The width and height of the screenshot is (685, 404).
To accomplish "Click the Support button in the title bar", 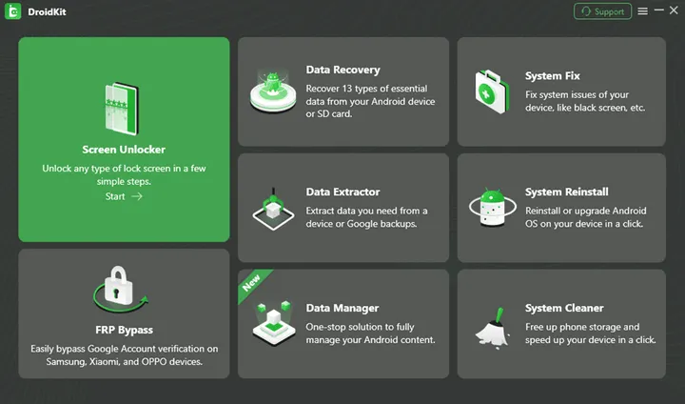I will (x=602, y=11).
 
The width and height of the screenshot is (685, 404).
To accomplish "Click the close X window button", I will (x=674, y=10).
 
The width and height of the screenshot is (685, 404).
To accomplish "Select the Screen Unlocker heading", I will (x=124, y=150).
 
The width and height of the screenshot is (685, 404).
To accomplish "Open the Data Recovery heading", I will (x=342, y=70).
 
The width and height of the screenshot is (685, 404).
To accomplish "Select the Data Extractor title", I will (x=342, y=192).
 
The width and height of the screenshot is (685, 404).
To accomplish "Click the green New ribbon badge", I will (x=252, y=283).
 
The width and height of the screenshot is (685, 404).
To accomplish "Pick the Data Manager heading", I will (x=342, y=308).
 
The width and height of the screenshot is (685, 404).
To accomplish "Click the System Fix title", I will (x=552, y=75).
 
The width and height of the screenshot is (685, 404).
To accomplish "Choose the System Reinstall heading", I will (x=566, y=192).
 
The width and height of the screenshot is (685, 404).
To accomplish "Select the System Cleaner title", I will (x=564, y=308).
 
